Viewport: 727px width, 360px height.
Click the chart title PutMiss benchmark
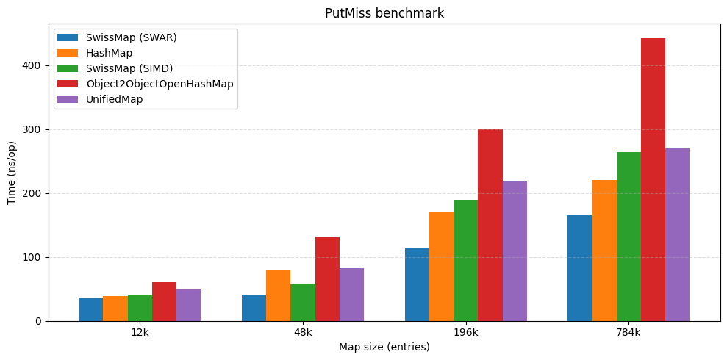tap(384, 13)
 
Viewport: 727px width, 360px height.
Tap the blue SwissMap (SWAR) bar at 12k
tap(90, 309)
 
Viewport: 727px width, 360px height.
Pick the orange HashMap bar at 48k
tap(278, 296)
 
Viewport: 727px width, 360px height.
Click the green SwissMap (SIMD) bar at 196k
tap(465, 261)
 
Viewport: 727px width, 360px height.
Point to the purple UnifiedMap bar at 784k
tap(677, 235)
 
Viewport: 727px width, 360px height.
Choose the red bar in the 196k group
tap(490, 226)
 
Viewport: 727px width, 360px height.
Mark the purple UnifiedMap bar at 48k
tap(351, 295)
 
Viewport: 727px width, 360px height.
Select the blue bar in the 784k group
tap(579, 268)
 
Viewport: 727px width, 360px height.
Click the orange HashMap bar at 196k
tap(441, 267)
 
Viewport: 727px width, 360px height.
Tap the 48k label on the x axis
tap(303, 332)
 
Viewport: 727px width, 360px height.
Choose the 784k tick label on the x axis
tap(628, 332)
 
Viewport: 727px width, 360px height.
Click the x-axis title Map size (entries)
tap(384, 347)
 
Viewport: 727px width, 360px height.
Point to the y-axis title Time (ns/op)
tap(12, 173)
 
